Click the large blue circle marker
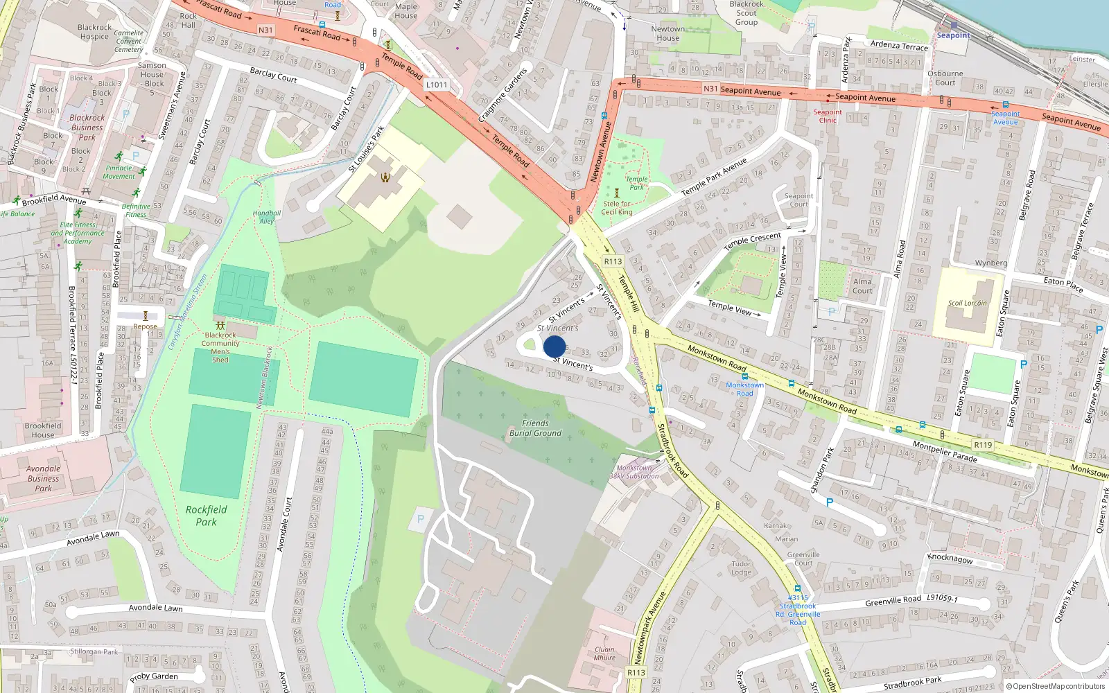(x=554, y=346)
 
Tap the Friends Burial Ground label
(x=535, y=428)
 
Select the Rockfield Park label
(x=206, y=516)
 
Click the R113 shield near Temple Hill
(x=613, y=261)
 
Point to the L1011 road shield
(x=437, y=85)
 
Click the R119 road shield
(x=983, y=445)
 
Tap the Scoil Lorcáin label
(x=967, y=303)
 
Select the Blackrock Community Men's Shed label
(x=220, y=347)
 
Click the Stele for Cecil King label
(x=616, y=208)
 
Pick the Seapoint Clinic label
(x=828, y=116)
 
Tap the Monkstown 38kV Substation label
(x=634, y=472)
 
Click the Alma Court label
(x=862, y=286)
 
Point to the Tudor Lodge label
(x=741, y=568)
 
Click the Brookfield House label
(x=43, y=430)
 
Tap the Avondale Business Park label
(x=43, y=478)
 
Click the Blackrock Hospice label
(x=94, y=32)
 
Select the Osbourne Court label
(x=945, y=78)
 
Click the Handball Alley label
(x=267, y=217)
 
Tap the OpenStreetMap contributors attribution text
(x=1055, y=687)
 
